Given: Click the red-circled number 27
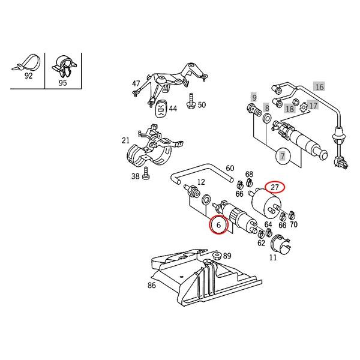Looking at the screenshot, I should (x=275, y=187).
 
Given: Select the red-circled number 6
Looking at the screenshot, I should (x=219, y=226).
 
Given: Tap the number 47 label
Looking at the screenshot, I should (x=136, y=84).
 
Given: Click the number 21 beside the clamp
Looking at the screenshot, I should (x=125, y=141).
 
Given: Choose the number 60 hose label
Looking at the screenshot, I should (x=230, y=169).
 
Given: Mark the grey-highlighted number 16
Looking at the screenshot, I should (x=319, y=87).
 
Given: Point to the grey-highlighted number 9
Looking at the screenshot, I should (x=254, y=98).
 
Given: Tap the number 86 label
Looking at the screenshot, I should (x=152, y=286).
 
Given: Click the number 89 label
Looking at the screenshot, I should (x=227, y=256).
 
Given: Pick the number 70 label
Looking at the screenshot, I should (x=293, y=224).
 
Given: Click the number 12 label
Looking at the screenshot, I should (x=202, y=182).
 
